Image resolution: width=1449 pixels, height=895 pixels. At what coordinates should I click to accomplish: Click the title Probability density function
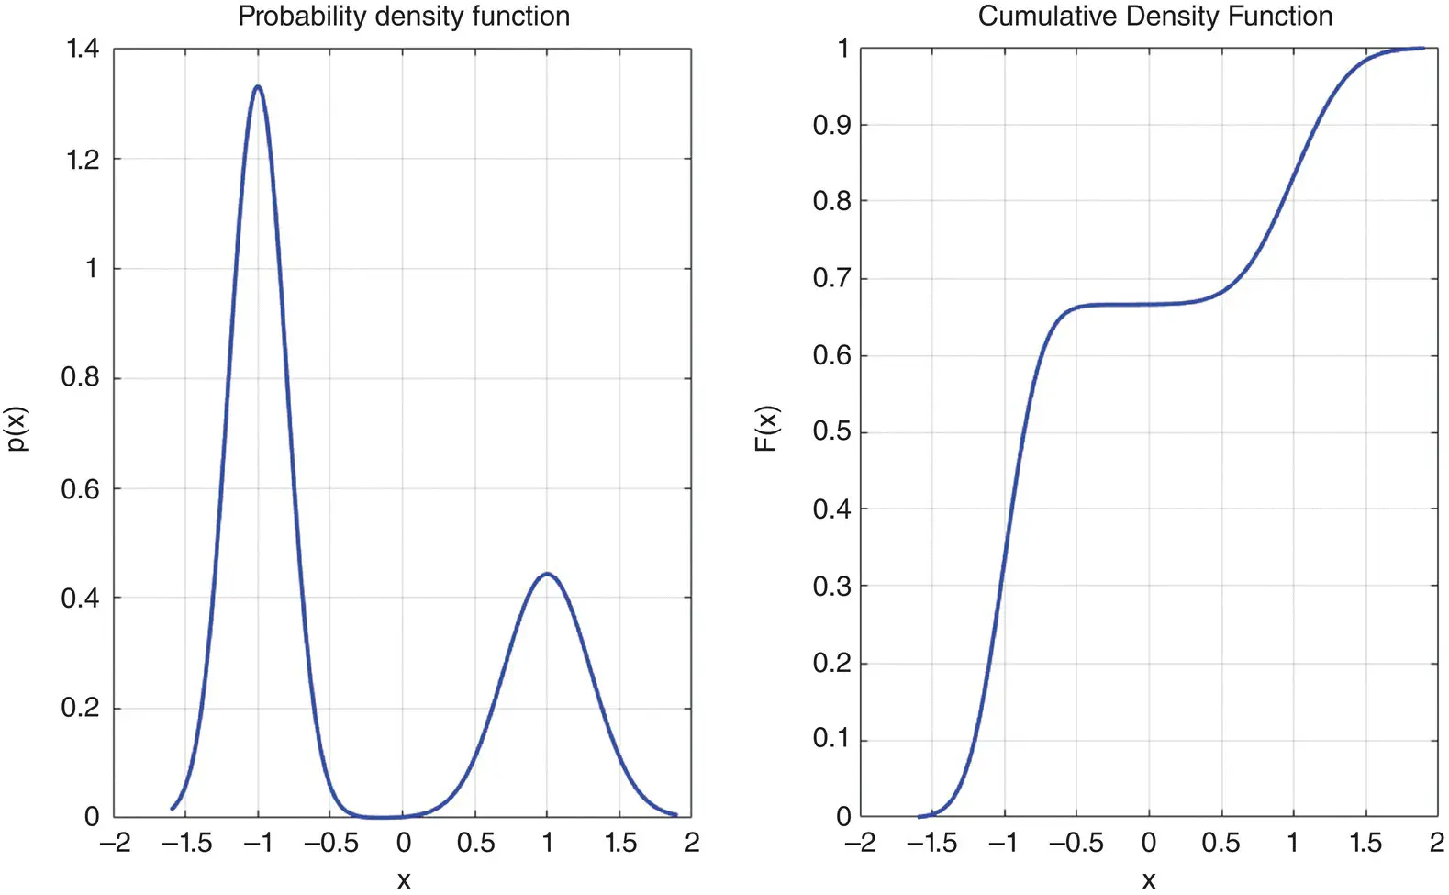tap(404, 17)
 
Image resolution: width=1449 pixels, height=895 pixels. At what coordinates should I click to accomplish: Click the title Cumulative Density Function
tap(1154, 17)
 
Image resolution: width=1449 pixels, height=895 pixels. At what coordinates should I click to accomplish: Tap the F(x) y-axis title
tap(766, 429)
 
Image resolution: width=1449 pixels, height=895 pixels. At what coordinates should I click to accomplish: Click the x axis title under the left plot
tap(404, 879)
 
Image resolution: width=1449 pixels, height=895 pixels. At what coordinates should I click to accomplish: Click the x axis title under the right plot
tap(1149, 879)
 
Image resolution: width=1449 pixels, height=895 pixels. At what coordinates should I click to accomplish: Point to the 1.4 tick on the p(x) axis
tap(83, 49)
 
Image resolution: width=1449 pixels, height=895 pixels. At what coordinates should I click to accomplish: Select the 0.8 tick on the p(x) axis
tap(80, 377)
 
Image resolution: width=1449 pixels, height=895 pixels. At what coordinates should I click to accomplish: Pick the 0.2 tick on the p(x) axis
tap(80, 708)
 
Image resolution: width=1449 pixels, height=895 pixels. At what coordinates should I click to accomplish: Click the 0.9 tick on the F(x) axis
tap(831, 125)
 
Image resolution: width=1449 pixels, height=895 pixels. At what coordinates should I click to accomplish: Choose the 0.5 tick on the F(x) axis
tap(831, 431)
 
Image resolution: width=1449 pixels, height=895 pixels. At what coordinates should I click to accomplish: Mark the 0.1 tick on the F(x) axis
tap(831, 739)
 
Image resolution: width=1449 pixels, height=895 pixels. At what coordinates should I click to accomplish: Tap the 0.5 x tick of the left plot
tap(475, 843)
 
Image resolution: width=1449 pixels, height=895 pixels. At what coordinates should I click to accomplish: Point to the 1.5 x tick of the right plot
tap(1365, 843)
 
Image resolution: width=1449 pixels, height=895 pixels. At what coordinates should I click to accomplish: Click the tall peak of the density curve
tap(258, 87)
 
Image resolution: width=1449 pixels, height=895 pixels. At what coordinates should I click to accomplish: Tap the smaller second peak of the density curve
tap(547, 574)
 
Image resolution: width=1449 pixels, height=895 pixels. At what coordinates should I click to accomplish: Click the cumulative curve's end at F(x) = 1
tap(1422, 48)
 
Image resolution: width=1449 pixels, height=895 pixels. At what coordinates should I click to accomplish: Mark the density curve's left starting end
tap(173, 809)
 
